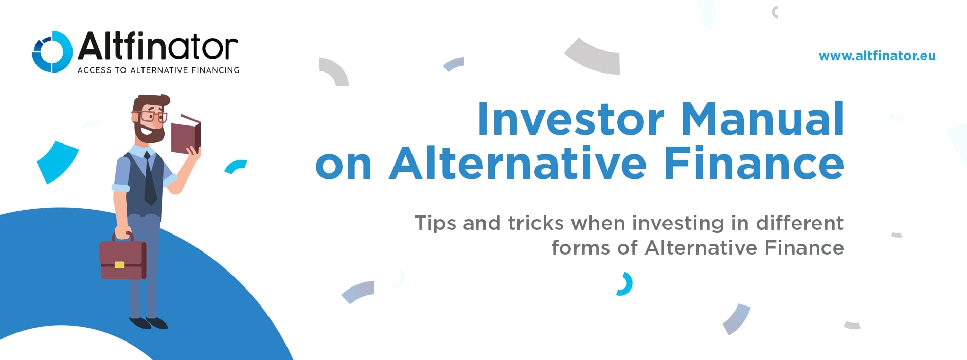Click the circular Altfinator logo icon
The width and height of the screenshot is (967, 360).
point(51,51)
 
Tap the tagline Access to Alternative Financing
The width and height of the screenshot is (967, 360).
point(158,70)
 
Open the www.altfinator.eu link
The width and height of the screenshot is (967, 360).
point(876,56)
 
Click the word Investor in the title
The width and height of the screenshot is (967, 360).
point(570,119)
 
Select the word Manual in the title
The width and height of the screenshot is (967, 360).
point(762,119)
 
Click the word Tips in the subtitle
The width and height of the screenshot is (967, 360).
point(435,224)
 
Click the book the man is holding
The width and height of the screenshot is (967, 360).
point(186,135)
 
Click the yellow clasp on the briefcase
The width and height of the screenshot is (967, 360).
point(119,265)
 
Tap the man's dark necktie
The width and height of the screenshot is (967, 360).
point(150,180)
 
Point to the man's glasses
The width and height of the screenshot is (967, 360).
point(151,116)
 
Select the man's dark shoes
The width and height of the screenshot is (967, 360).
point(149,323)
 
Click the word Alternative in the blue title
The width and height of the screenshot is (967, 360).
point(517,164)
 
